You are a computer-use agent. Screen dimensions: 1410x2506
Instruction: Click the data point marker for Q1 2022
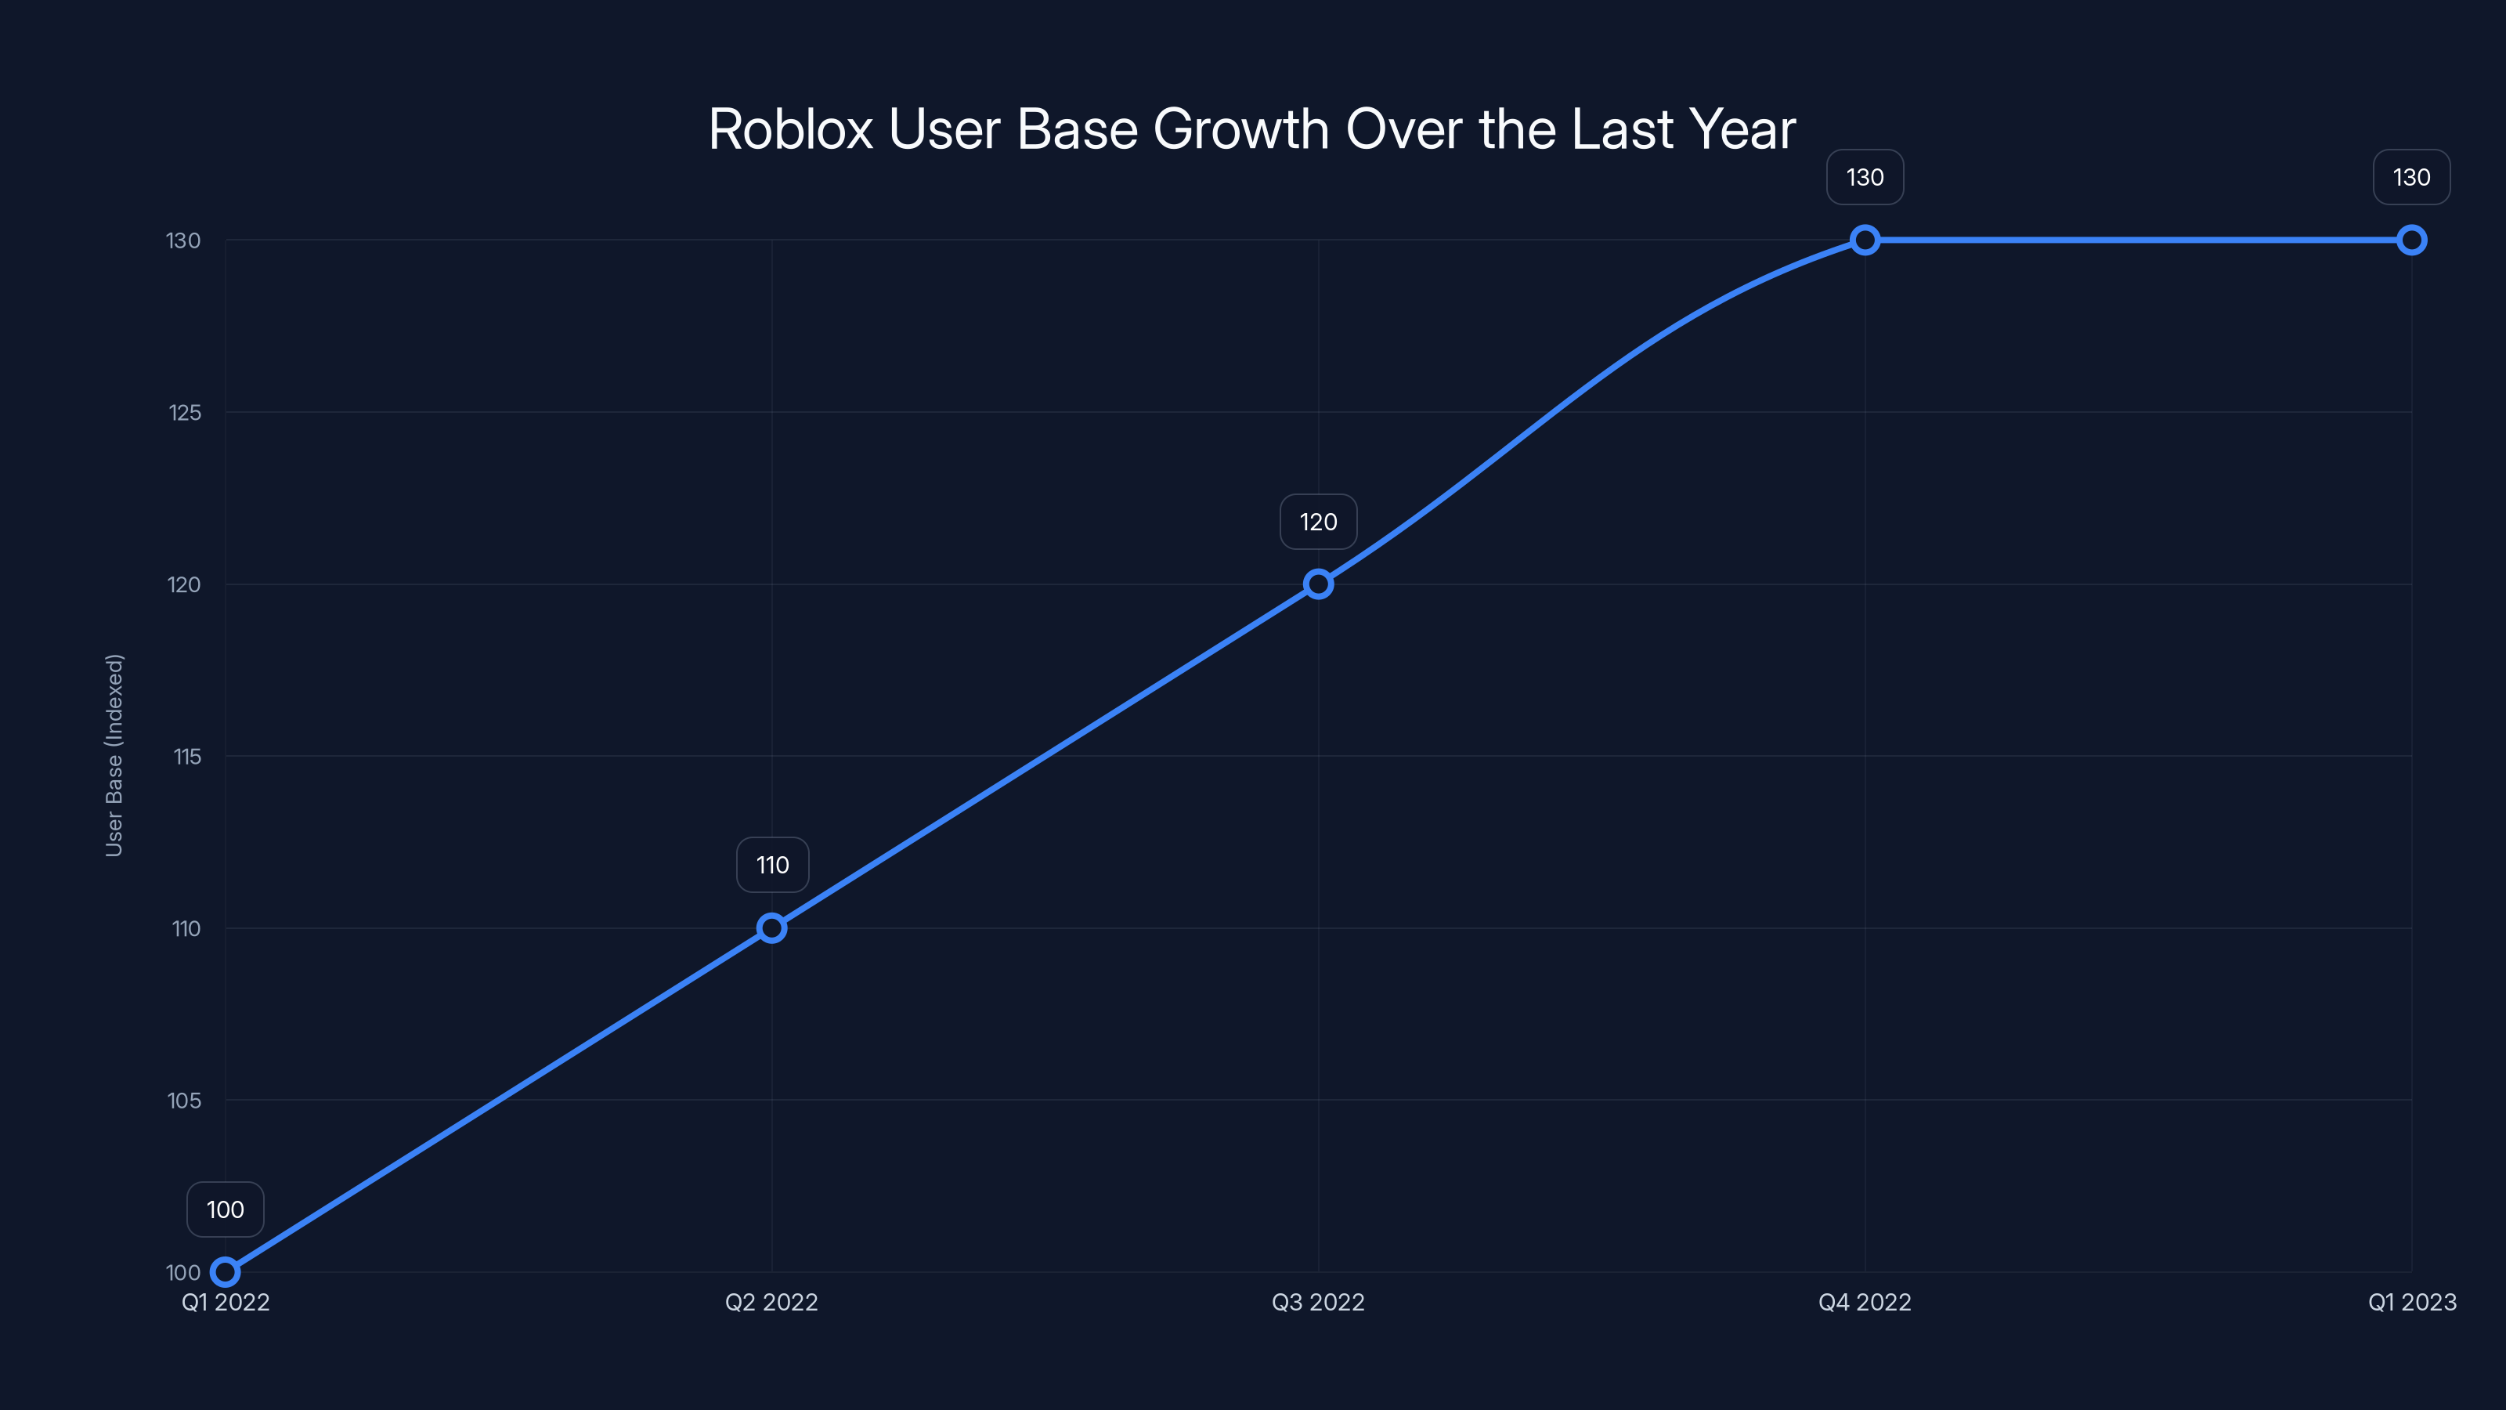coord(225,1272)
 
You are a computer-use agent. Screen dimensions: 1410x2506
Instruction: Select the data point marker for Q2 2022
coord(771,928)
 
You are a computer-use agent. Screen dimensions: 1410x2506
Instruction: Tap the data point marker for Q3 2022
coord(1318,584)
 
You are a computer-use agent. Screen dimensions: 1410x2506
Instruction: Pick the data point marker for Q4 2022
coord(1865,240)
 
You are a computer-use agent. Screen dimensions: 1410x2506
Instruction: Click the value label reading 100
coord(225,1209)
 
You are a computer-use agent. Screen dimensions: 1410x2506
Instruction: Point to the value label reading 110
coord(772,865)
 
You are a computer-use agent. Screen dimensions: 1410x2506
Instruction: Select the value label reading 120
coord(1318,522)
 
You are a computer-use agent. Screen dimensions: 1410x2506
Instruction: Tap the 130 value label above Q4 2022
coord(1865,177)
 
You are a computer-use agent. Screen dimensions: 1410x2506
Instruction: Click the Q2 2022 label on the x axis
coord(771,1302)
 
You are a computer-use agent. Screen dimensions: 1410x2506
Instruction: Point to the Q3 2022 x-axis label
coord(1318,1302)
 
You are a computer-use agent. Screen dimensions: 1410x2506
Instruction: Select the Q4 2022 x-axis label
coord(1865,1302)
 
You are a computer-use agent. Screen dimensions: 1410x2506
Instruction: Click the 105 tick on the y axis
coord(184,1101)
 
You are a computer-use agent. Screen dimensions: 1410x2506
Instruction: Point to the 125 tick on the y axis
coord(185,413)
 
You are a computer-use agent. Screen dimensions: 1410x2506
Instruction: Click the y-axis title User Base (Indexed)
coord(114,755)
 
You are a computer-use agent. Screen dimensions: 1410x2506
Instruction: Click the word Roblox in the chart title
coord(790,129)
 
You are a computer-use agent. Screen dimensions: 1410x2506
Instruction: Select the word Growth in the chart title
coord(1240,129)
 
